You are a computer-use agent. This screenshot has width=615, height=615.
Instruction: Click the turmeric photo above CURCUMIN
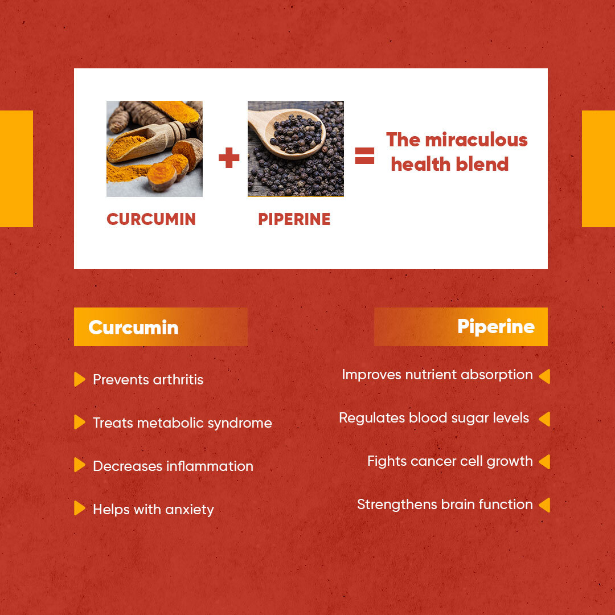[x=154, y=149]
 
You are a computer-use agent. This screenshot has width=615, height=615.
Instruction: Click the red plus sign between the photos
[x=229, y=157]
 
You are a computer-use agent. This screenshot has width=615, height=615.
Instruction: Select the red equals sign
[x=364, y=155]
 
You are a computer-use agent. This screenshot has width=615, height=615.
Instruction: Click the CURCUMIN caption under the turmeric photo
[x=151, y=219]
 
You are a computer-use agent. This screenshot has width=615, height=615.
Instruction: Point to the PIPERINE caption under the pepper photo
[x=294, y=219]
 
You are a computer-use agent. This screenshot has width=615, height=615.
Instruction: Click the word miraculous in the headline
[x=476, y=140]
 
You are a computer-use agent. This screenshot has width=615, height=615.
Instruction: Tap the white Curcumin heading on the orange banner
[x=133, y=327]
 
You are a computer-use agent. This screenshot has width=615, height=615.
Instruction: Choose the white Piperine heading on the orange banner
[x=495, y=327]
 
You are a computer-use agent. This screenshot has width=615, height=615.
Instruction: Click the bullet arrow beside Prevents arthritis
[x=79, y=379]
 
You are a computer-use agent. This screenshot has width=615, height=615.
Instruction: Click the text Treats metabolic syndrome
[x=182, y=423]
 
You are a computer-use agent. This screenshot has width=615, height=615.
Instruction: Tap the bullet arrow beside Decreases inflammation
[x=79, y=465]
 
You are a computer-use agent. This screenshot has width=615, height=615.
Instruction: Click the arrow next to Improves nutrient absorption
[x=544, y=376]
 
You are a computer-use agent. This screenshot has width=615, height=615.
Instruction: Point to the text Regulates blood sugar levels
[x=434, y=418]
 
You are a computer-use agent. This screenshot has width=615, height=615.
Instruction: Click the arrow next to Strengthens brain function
[x=544, y=505]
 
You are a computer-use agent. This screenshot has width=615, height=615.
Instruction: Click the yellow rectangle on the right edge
[x=598, y=169]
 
